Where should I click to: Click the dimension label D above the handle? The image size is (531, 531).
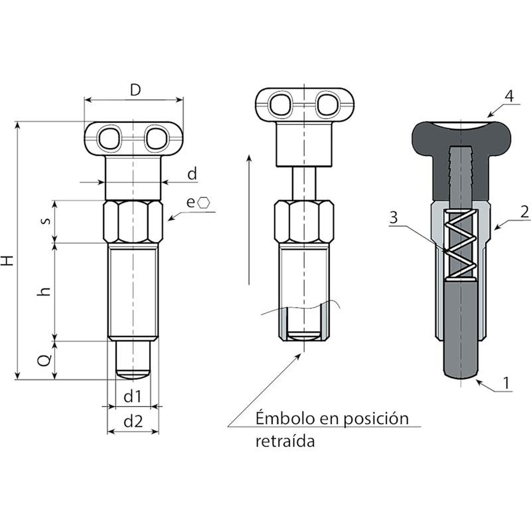135,90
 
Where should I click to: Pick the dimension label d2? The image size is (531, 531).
133,421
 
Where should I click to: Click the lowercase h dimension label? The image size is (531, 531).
44,291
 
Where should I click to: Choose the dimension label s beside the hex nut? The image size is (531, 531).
47,221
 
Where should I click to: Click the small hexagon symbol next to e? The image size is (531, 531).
204,202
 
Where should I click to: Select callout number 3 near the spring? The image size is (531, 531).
394,218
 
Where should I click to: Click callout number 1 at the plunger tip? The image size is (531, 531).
506,383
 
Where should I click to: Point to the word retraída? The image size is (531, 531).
285,441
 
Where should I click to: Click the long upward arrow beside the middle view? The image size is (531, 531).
249,219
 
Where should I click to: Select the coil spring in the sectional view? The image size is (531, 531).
461,245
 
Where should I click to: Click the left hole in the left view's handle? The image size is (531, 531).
108,138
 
